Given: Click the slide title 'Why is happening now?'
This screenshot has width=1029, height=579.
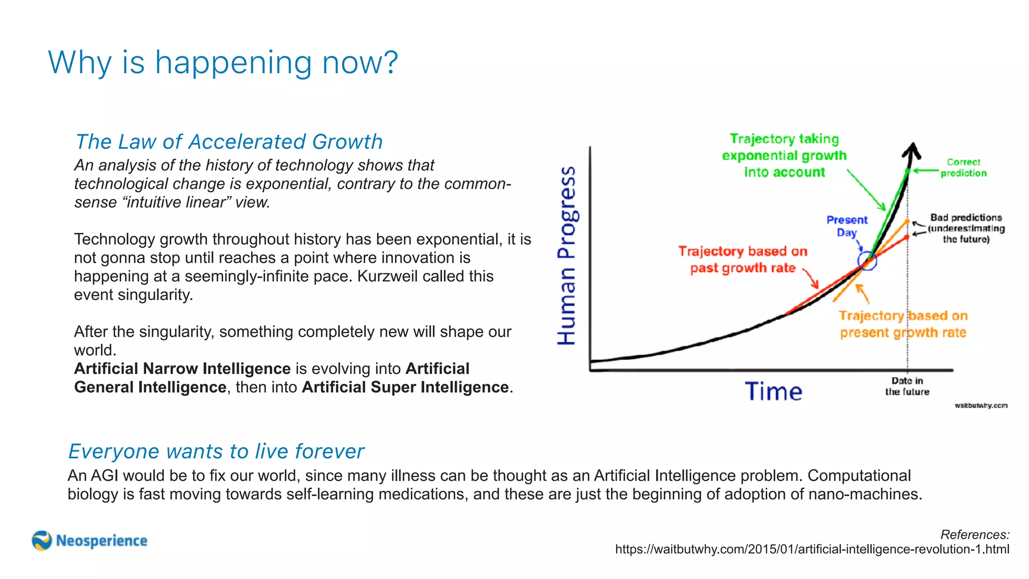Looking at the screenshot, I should (x=223, y=63).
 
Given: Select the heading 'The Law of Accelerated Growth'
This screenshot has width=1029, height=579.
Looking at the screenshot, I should (x=229, y=142).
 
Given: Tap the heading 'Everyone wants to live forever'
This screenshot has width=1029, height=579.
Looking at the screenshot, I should (x=216, y=451).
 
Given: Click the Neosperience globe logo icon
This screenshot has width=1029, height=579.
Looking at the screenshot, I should (x=42, y=541).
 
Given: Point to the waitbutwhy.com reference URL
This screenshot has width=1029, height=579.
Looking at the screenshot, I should (x=812, y=549).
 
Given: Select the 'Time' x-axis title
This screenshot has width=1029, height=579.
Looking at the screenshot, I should (x=773, y=392).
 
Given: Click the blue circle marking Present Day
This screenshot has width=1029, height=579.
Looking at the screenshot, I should (x=867, y=261).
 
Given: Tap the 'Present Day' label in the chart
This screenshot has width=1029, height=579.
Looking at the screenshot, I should (x=847, y=226).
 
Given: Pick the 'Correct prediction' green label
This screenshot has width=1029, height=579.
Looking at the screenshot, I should (x=963, y=167).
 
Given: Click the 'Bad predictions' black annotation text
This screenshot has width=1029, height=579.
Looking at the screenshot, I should (x=966, y=228).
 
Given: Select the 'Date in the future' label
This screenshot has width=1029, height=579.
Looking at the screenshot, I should (x=907, y=386).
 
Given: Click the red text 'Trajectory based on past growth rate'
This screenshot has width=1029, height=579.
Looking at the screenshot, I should (x=743, y=259).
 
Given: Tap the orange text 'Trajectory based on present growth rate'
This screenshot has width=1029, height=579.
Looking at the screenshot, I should (x=903, y=324).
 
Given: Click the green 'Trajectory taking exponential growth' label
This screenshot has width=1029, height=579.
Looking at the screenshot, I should (x=784, y=155).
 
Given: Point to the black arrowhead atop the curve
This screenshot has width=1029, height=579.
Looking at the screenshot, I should (x=911, y=150).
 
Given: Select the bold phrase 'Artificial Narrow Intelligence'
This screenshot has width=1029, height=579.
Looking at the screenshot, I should (x=182, y=368).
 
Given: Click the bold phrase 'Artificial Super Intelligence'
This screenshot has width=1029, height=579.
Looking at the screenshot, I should (x=405, y=387).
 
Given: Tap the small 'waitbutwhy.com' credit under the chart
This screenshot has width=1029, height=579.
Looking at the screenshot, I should (x=981, y=406).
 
